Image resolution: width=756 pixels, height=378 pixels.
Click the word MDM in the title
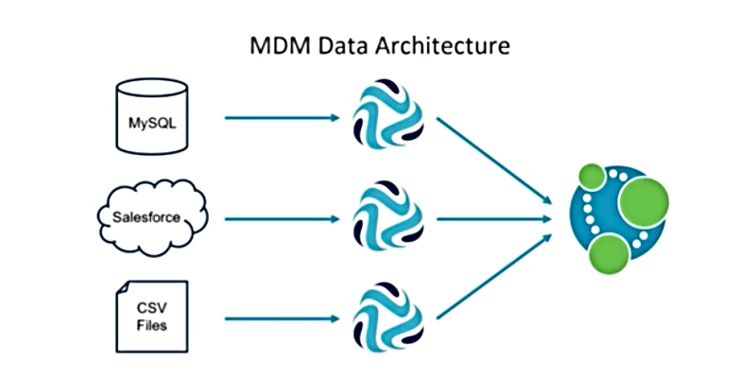coord(275,46)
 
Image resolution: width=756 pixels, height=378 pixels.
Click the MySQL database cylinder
coord(152,116)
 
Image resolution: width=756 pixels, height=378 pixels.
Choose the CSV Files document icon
coord(152,317)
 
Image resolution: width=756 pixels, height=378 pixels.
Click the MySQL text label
coord(152,123)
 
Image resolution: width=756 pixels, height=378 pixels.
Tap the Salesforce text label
coord(146,217)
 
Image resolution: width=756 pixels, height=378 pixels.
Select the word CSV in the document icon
coord(152,308)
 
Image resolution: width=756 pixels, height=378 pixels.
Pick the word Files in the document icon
coord(152,325)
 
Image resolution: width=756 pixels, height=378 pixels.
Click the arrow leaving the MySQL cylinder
coord(283,117)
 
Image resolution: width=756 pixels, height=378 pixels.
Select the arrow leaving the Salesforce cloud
coord(283,219)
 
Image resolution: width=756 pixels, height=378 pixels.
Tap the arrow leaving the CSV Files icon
coord(283,318)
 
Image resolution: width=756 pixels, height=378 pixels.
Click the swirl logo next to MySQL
coord(388,112)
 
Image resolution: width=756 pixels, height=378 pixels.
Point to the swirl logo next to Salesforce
coord(388,215)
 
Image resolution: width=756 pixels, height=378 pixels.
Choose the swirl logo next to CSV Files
coord(388,316)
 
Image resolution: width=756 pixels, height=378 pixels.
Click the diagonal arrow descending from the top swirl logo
coord(493,161)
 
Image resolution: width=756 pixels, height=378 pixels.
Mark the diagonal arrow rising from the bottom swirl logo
coord(493,276)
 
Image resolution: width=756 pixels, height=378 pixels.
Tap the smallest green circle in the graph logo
coord(593,177)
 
